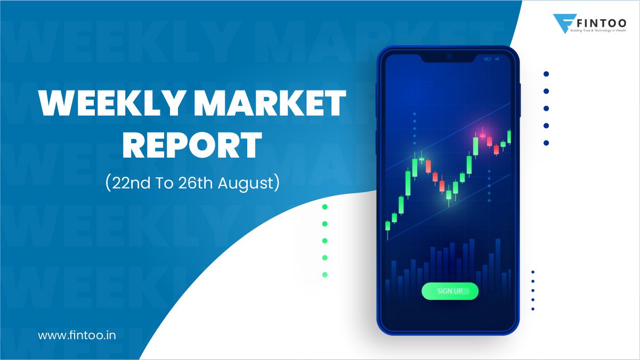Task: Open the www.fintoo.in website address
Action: tap(77, 336)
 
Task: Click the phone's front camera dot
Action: tap(449, 56)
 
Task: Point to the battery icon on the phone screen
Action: tap(487, 59)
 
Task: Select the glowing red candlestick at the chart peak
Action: tap(483, 135)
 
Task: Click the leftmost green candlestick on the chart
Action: tap(388, 226)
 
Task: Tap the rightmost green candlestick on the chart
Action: tap(509, 136)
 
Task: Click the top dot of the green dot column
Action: tap(325, 207)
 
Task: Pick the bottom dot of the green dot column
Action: tap(325, 275)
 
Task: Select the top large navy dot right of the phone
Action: tap(546, 74)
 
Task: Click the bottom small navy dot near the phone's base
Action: tap(533, 309)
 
